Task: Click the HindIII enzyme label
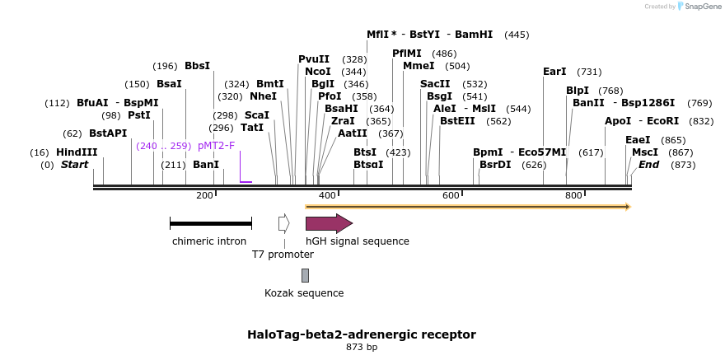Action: point(77,152)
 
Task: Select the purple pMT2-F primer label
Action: point(216,146)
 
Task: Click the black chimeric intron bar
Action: point(210,223)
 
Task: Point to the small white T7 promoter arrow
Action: point(283,223)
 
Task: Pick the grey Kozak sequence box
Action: point(305,275)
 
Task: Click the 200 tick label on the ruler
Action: point(204,195)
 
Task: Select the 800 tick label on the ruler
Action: point(573,195)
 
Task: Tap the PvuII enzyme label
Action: point(314,59)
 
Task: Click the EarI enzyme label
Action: point(554,72)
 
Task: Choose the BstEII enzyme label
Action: point(457,121)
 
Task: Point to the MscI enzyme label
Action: point(645,152)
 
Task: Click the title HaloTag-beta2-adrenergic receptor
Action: point(362,334)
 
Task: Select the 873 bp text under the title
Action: point(362,348)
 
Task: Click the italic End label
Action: point(648,165)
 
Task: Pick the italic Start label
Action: point(74,165)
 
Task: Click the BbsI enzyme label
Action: point(197,66)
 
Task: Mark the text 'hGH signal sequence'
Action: point(358,241)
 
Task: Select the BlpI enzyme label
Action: point(578,91)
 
